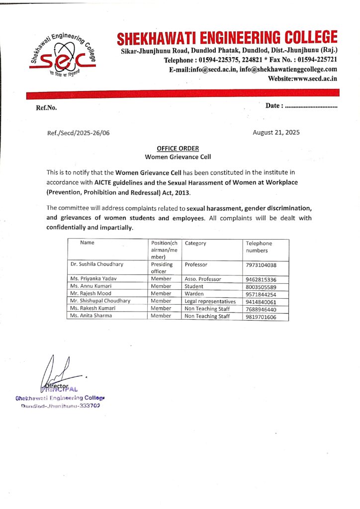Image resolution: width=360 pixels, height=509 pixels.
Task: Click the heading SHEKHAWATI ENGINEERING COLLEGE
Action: click(x=227, y=38)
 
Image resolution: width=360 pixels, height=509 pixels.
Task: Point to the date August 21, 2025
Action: click(x=276, y=133)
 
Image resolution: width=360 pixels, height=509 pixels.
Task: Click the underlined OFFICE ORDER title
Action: click(x=178, y=148)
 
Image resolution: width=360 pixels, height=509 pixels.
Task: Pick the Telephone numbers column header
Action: click(x=259, y=247)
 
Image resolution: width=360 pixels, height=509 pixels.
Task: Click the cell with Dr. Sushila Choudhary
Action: click(x=96, y=265)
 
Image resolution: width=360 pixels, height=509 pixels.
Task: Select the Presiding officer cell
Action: click(x=162, y=268)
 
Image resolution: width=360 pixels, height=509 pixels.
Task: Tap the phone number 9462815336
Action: click(x=261, y=279)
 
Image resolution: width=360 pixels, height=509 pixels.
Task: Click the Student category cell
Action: click(x=194, y=286)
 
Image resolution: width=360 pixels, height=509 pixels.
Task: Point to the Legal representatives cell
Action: click(x=210, y=301)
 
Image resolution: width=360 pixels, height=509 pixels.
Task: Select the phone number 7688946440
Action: click(x=261, y=309)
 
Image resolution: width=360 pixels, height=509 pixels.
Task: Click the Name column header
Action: click(x=88, y=243)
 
